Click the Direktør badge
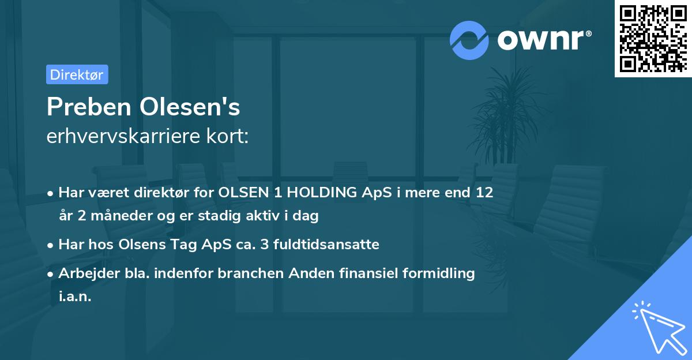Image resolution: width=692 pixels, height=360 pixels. pyautogui.click(x=77, y=74)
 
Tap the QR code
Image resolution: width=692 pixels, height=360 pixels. pyautogui.click(x=652, y=38)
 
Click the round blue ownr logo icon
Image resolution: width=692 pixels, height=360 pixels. pyautogui.click(x=469, y=40)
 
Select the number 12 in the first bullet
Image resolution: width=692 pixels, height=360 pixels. pyautogui.click(x=484, y=193)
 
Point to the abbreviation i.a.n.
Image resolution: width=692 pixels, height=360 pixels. pyautogui.click(x=75, y=297)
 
